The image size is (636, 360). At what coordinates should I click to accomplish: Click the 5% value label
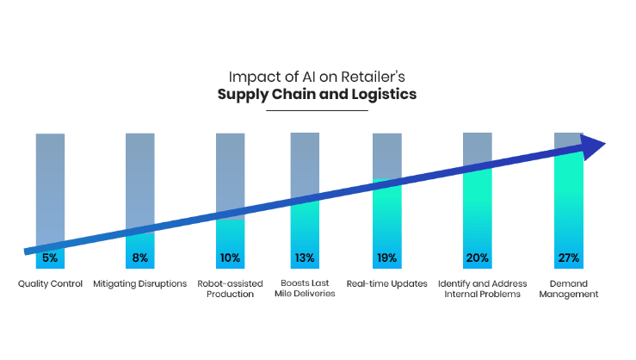click(50, 258)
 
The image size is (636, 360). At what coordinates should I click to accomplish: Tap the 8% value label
click(140, 258)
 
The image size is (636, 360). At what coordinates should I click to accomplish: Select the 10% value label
click(231, 258)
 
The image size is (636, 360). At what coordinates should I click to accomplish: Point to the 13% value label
click(305, 258)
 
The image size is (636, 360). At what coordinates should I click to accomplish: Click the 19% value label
click(386, 258)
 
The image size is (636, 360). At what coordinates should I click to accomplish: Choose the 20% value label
click(478, 258)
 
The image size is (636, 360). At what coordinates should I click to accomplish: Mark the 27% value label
click(568, 258)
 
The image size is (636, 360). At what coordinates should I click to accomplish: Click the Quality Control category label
click(50, 283)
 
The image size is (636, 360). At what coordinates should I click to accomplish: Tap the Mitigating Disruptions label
click(140, 283)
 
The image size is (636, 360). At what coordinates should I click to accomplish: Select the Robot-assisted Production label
click(230, 289)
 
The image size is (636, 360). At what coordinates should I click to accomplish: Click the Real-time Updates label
click(386, 283)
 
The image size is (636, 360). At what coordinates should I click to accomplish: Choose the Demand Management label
click(569, 289)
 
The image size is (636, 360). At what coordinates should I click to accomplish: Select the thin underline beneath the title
click(318, 110)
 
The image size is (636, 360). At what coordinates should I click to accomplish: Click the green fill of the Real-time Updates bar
click(386, 215)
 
